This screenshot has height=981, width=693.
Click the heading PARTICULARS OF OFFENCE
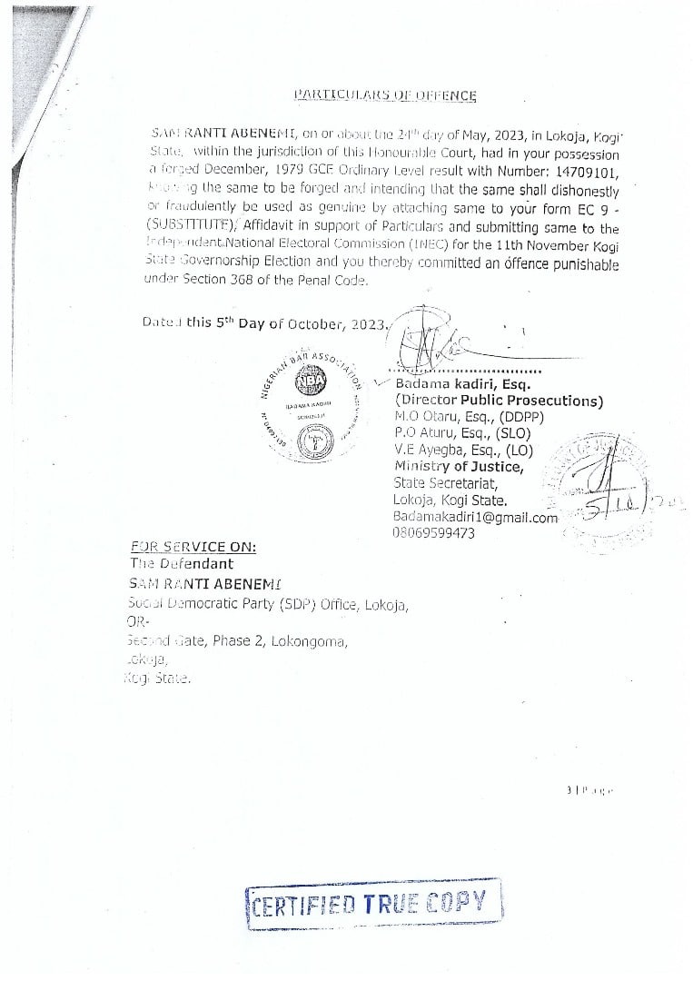point(386,94)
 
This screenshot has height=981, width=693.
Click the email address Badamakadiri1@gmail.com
point(475,517)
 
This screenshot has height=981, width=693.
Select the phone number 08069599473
point(433,533)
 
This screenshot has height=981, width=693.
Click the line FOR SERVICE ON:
point(193,547)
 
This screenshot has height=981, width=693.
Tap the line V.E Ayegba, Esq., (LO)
point(450,451)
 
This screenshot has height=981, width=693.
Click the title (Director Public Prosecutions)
point(499,401)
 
